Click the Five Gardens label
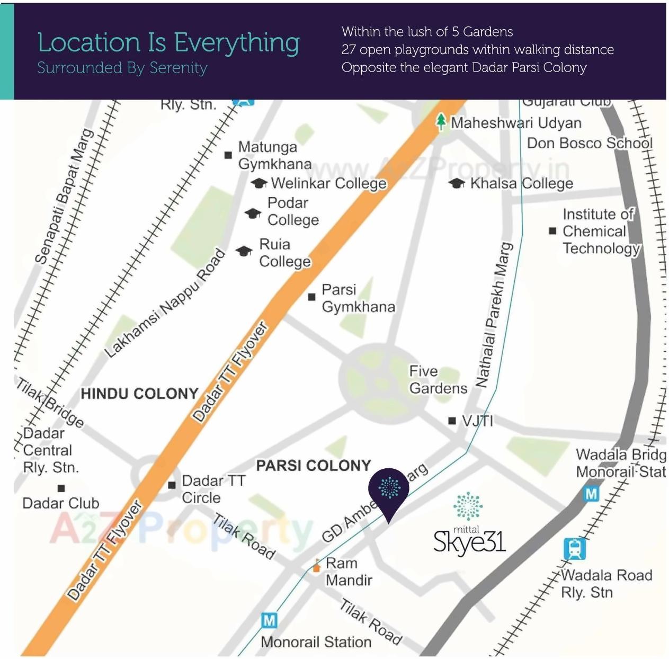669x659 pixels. click(438, 379)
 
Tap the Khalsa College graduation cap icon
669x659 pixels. click(457, 183)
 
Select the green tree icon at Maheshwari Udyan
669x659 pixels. click(441, 122)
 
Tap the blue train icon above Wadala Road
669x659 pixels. click(575, 549)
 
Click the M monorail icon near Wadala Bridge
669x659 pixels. click(591, 494)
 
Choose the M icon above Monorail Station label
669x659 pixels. click(269, 620)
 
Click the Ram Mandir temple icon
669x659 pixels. click(316, 566)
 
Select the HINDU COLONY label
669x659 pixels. click(139, 394)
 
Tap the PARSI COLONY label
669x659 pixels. click(313, 466)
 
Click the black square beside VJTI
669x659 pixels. click(452, 421)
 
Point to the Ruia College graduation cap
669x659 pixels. click(244, 251)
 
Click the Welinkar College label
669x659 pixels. click(328, 183)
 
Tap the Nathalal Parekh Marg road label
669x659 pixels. click(494, 315)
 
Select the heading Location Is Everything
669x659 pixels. click(168, 43)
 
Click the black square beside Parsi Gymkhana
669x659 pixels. click(312, 297)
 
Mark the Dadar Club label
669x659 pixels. click(60, 503)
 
